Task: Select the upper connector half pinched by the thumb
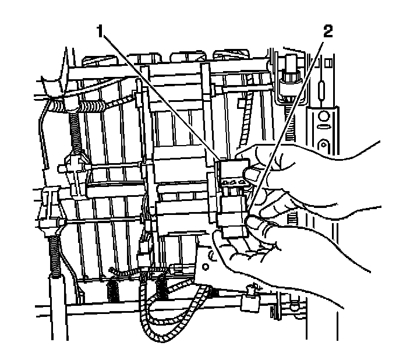click(x=231, y=169)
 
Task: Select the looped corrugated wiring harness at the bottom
click(x=175, y=315)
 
